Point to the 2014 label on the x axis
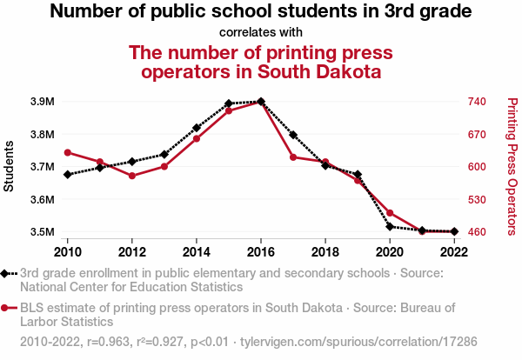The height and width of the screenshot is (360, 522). pos(197,250)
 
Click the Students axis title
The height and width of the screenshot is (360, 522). pos(10,166)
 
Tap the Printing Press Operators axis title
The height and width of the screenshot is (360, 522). pos(512,166)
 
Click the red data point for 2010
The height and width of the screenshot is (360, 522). pos(68,153)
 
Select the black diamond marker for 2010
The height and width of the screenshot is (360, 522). pos(68,174)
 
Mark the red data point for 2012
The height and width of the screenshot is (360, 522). pos(132,176)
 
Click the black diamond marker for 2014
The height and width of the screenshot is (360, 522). pos(197,128)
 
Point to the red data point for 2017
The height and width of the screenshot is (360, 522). pos(293,157)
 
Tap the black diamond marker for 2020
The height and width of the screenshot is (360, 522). pos(390,227)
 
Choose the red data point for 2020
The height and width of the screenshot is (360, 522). pos(390,213)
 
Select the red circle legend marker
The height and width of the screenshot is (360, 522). pos(10,308)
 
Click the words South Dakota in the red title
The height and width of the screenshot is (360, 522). pos(320,70)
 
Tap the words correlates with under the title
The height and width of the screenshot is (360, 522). pos(260,32)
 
